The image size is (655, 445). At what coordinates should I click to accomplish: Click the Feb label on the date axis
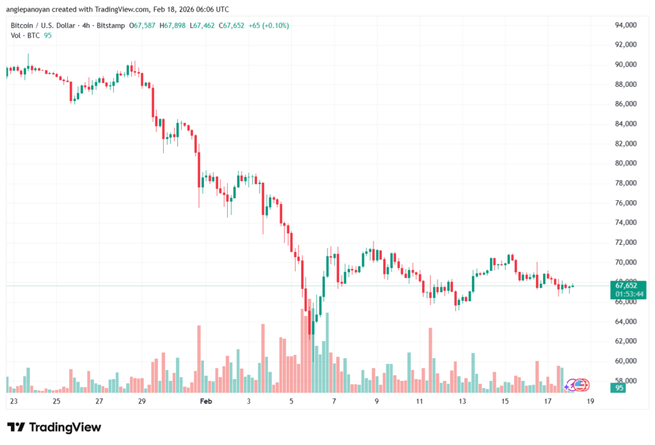tap(205, 402)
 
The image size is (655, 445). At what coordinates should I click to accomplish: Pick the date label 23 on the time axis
tap(14, 402)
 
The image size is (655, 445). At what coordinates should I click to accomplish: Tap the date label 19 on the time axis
tap(590, 402)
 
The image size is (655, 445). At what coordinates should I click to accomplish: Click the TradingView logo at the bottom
tap(54, 427)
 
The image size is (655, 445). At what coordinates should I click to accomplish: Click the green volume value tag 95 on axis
tap(619, 388)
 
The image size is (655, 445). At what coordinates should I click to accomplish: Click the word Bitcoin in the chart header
tap(24, 26)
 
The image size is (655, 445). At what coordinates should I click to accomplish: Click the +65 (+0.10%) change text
tap(269, 26)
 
